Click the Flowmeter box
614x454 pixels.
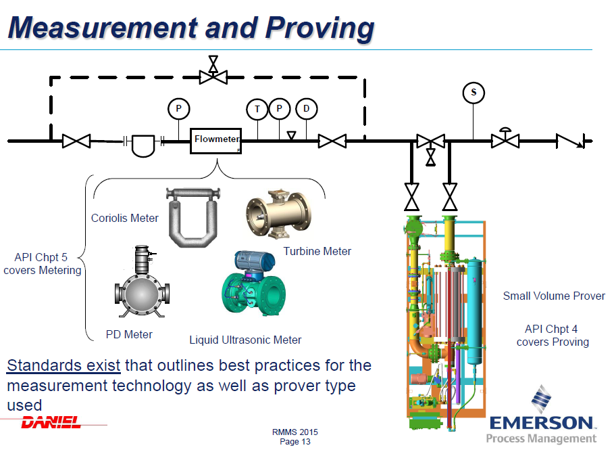point(215,141)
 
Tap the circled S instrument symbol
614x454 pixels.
point(474,93)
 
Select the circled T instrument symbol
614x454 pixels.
point(257,109)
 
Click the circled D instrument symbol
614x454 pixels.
point(306,109)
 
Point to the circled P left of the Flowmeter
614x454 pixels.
point(178,109)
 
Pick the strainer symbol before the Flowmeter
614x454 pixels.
point(143,145)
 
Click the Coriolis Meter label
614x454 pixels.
point(124,218)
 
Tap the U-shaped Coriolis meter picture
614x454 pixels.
point(193,217)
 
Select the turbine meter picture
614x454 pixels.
point(279,214)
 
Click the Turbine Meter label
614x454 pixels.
point(317,251)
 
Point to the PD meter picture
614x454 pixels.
point(142,281)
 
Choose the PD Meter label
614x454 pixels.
point(129,334)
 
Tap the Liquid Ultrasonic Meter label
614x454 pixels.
point(245,340)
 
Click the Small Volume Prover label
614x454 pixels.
point(554,296)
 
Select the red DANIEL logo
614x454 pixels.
point(51,422)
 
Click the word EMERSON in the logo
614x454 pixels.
point(542,423)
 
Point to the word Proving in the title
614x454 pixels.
point(319,28)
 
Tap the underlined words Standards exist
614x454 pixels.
point(63,365)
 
